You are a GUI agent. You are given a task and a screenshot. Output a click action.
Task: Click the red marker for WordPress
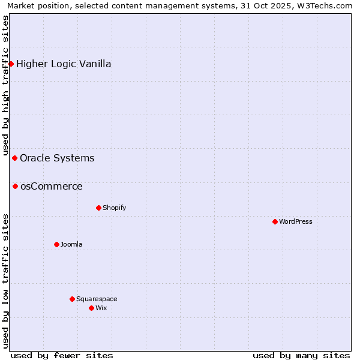click(275, 221)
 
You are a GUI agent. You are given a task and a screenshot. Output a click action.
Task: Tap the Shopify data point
click(98, 208)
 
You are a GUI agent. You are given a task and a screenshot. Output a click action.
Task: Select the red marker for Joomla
click(56, 244)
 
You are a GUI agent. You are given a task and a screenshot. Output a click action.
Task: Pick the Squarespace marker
click(72, 299)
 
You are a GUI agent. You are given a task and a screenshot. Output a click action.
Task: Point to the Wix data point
click(91, 308)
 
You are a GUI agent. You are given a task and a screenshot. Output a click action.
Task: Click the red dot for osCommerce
click(15, 186)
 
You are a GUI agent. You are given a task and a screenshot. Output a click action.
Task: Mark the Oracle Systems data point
click(14, 158)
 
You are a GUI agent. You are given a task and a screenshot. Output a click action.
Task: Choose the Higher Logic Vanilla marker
click(11, 64)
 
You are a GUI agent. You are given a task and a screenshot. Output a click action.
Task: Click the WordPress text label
click(296, 221)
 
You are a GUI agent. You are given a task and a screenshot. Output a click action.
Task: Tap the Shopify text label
click(114, 208)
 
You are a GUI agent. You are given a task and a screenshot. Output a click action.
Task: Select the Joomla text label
click(71, 244)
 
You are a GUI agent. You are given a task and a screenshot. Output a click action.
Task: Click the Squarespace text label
click(97, 299)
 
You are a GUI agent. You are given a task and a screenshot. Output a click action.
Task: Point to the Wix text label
click(101, 308)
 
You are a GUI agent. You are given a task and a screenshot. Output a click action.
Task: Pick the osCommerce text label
click(52, 186)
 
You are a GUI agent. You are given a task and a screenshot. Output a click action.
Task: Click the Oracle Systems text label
click(57, 158)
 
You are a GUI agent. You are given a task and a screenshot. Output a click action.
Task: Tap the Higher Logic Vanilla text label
click(64, 64)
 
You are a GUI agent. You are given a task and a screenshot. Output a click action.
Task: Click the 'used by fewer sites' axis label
click(62, 355)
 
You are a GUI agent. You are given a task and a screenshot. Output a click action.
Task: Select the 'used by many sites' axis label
click(301, 355)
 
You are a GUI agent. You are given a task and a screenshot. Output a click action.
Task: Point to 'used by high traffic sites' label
click(5, 86)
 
